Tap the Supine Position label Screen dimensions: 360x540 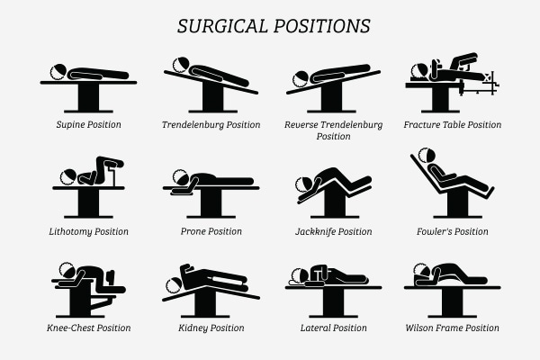pyautogui.click(x=88, y=124)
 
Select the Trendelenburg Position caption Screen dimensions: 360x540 pyautogui.click(x=211, y=124)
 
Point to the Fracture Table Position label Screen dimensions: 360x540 pyautogui.click(x=453, y=124)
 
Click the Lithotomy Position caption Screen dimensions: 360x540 pyautogui.click(x=88, y=231)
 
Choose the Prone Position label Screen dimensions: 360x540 pyautogui.click(x=211, y=231)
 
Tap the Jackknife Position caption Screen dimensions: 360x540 pyautogui.click(x=333, y=231)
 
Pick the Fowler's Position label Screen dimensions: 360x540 pyautogui.click(x=453, y=231)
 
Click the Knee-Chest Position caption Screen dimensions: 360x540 pyautogui.click(x=88, y=328)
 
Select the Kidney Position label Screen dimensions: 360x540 pyautogui.click(x=211, y=328)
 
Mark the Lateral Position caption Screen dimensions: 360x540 pyautogui.click(x=333, y=328)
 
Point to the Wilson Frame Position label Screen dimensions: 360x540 pyautogui.click(x=453, y=328)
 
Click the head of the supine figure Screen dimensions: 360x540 pyautogui.click(x=58, y=71)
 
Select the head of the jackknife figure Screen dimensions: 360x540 pyautogui.click(x=306, y=184)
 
